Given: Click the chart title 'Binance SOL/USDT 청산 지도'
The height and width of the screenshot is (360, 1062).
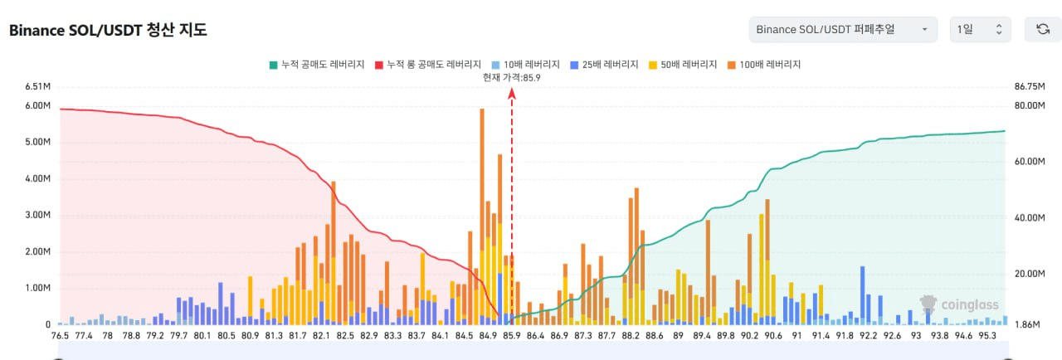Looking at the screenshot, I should pos(108,31).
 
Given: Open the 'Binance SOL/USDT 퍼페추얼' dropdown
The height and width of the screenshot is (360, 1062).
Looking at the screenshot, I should pos(842,30).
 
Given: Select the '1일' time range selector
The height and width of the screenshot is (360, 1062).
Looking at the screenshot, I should pos(980,30).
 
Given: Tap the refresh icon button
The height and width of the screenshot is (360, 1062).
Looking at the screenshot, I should pos(1043,30).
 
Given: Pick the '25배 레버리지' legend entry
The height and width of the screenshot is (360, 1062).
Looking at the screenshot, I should pos(604,64).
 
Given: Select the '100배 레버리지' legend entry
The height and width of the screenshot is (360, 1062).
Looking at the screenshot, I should pos(762,64).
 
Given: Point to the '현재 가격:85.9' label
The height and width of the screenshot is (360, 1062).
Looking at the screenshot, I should pos(512,77).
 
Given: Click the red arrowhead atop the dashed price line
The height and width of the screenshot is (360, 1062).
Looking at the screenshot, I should pos(512,94).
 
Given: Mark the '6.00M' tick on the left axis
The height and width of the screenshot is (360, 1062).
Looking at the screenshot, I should pos(38,106).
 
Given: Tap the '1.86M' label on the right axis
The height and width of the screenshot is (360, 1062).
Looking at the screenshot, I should pos(1026,325).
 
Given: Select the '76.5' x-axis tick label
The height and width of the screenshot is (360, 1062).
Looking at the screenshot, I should pos(60,336).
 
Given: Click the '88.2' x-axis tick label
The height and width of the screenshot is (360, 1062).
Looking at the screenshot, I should pos(631,336).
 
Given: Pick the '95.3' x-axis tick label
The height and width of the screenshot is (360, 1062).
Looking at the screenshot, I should pos(987,336).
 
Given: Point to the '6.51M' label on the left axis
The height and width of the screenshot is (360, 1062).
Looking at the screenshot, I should pos(38,86).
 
